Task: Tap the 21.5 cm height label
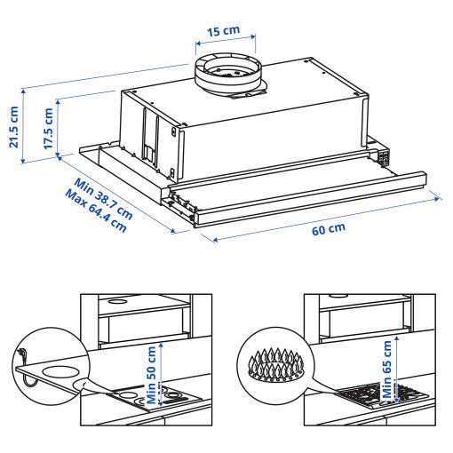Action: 13,128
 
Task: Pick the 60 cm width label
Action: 328,228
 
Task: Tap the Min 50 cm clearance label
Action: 152,373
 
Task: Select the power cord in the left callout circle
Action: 27,369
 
